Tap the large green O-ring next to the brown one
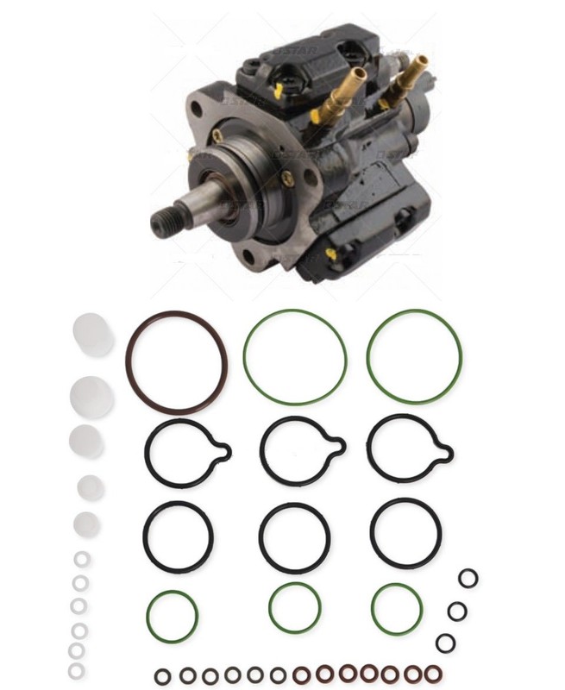(244, 356)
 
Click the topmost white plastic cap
(93, 334)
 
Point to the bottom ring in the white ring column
(77, 669)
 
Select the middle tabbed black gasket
(262, 450)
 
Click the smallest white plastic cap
(86, 524)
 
